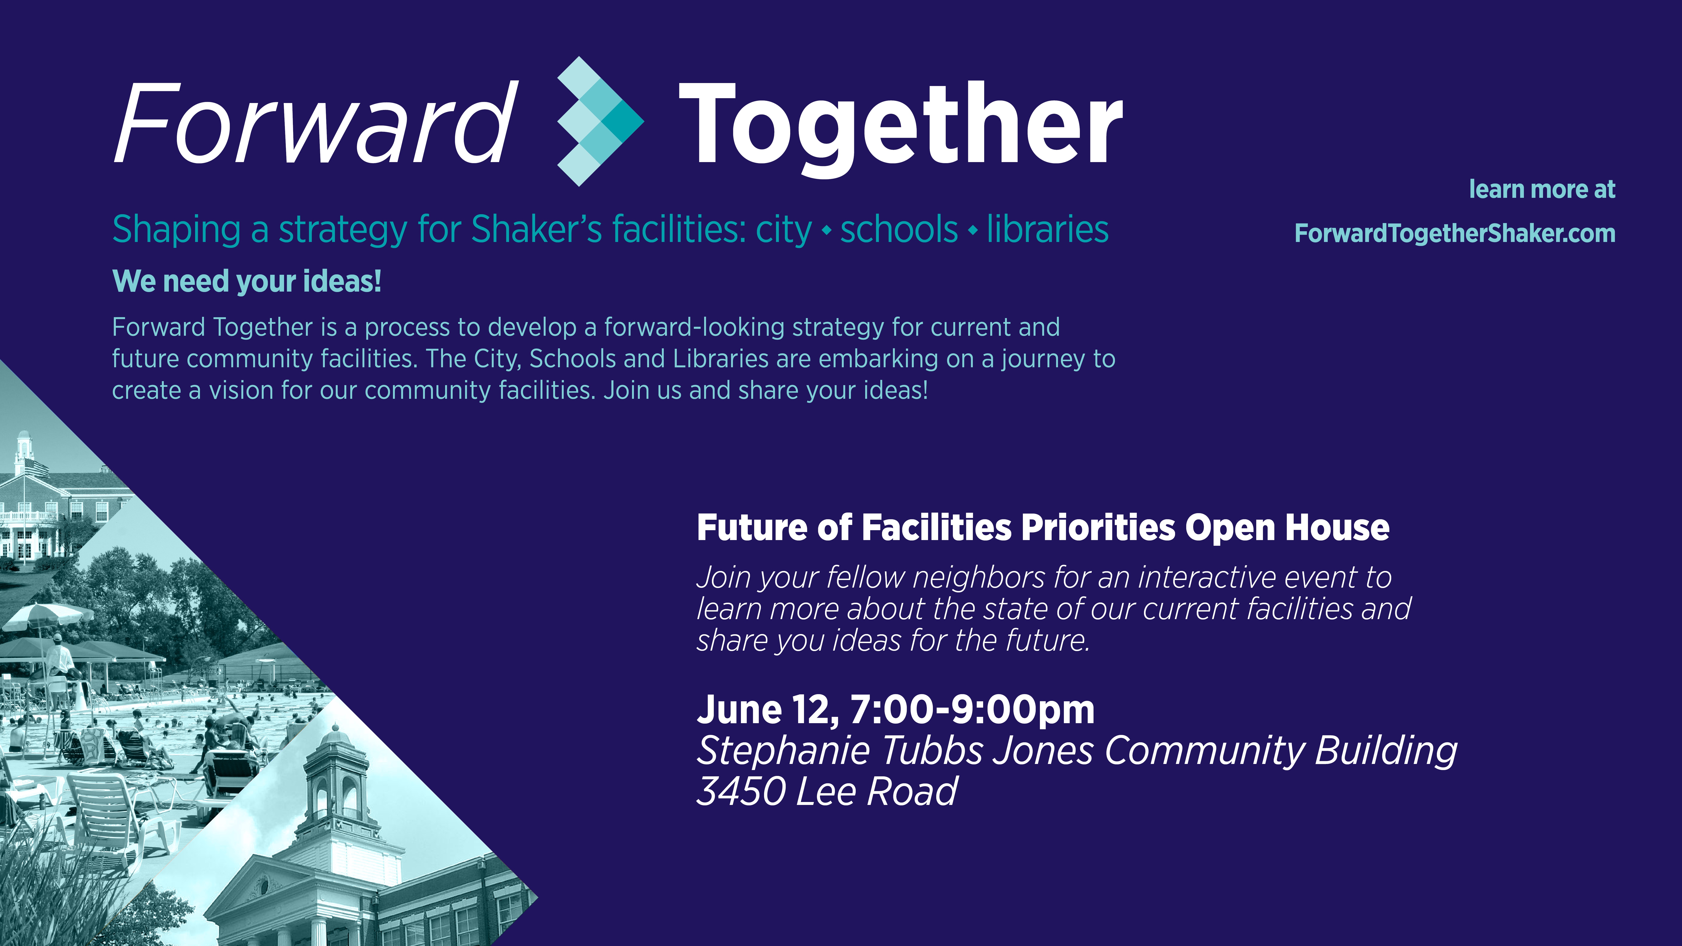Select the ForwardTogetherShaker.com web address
click(1455, 233)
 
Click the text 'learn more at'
click(1542, 189)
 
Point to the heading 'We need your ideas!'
click(247, 281)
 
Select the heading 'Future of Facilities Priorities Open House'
click(1043, 527)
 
